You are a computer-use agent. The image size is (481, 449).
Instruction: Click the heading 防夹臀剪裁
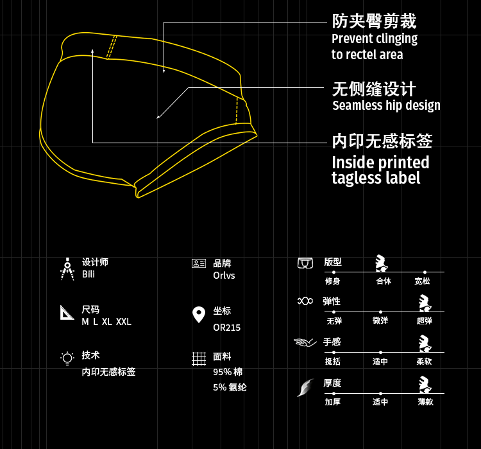(x=374, y=22)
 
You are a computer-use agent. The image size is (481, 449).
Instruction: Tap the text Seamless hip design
(x=386, y=105)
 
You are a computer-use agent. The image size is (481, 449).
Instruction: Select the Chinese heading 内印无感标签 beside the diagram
(x=382, y=141)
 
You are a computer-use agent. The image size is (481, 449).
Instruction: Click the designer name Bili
(x=89, y=274)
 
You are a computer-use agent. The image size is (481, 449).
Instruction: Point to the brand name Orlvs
(x=224, y=276)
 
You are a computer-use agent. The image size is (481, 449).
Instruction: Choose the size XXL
(x=124, y=322)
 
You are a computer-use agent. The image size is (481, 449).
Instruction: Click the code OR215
(x=226, y=328)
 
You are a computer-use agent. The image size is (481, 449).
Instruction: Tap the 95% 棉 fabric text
(x=228, y=372)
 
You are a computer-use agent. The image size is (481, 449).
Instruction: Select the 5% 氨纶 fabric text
(x=230, y=387)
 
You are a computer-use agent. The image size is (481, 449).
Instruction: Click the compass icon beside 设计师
(x=67, y=269)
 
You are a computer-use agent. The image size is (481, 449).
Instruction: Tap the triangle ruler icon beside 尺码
(x=67, y=313)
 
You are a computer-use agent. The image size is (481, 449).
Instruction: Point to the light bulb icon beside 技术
(x=67, y=358)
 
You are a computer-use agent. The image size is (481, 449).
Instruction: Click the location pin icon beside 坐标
(x=199, y=315)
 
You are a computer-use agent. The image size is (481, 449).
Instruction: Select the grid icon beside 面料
(x=199, y=359)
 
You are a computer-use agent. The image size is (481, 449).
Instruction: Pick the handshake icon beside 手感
(x=305, y=342)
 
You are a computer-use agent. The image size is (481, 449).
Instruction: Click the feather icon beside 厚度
(x=305, y=387)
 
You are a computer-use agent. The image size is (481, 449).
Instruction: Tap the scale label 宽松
(x=422, y=281)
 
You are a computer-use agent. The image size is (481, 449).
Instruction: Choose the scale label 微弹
(x=380, y=321)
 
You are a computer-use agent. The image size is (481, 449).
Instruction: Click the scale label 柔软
(x=424, y=362)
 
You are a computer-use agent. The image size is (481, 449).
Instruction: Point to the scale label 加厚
(x=332, y=402)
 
